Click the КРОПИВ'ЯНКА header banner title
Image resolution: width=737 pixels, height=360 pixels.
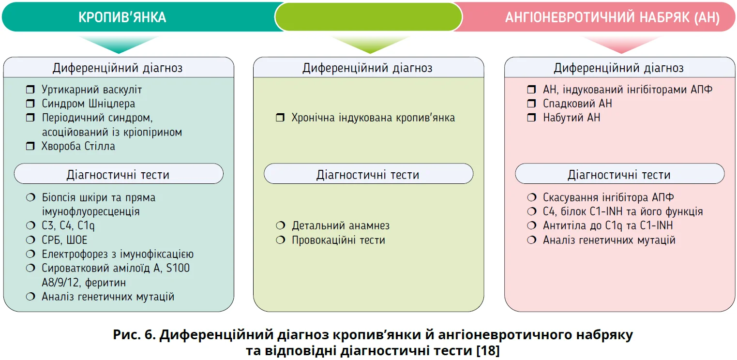click(122, 17)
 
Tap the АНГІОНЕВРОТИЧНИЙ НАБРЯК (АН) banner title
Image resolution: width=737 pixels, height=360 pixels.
click(612, 18)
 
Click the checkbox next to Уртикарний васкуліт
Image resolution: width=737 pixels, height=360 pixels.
click(30, 90)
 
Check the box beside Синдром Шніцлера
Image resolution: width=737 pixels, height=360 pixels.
click(30, 104)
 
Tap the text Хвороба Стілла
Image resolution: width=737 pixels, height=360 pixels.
click(78, 146)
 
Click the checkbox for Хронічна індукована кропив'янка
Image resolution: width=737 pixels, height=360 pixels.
click(280, 118)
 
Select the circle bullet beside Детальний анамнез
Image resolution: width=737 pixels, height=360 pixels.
click(280, 226)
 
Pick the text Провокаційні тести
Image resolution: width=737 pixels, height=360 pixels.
click(338, 240)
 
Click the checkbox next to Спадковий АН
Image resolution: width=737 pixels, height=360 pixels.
click(531, 104)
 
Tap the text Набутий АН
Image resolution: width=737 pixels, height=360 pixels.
click(572, 118)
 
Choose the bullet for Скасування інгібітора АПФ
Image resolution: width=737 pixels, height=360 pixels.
click(531, 197)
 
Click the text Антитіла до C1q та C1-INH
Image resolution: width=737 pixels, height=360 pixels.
click(608, 225)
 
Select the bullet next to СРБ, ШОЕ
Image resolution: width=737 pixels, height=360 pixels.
click(30, 240)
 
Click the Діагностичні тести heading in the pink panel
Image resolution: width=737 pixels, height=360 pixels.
click(619, 174)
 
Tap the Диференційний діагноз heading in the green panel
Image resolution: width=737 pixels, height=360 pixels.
click(367, 68)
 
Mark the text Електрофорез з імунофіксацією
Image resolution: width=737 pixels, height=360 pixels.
click(118, 254)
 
